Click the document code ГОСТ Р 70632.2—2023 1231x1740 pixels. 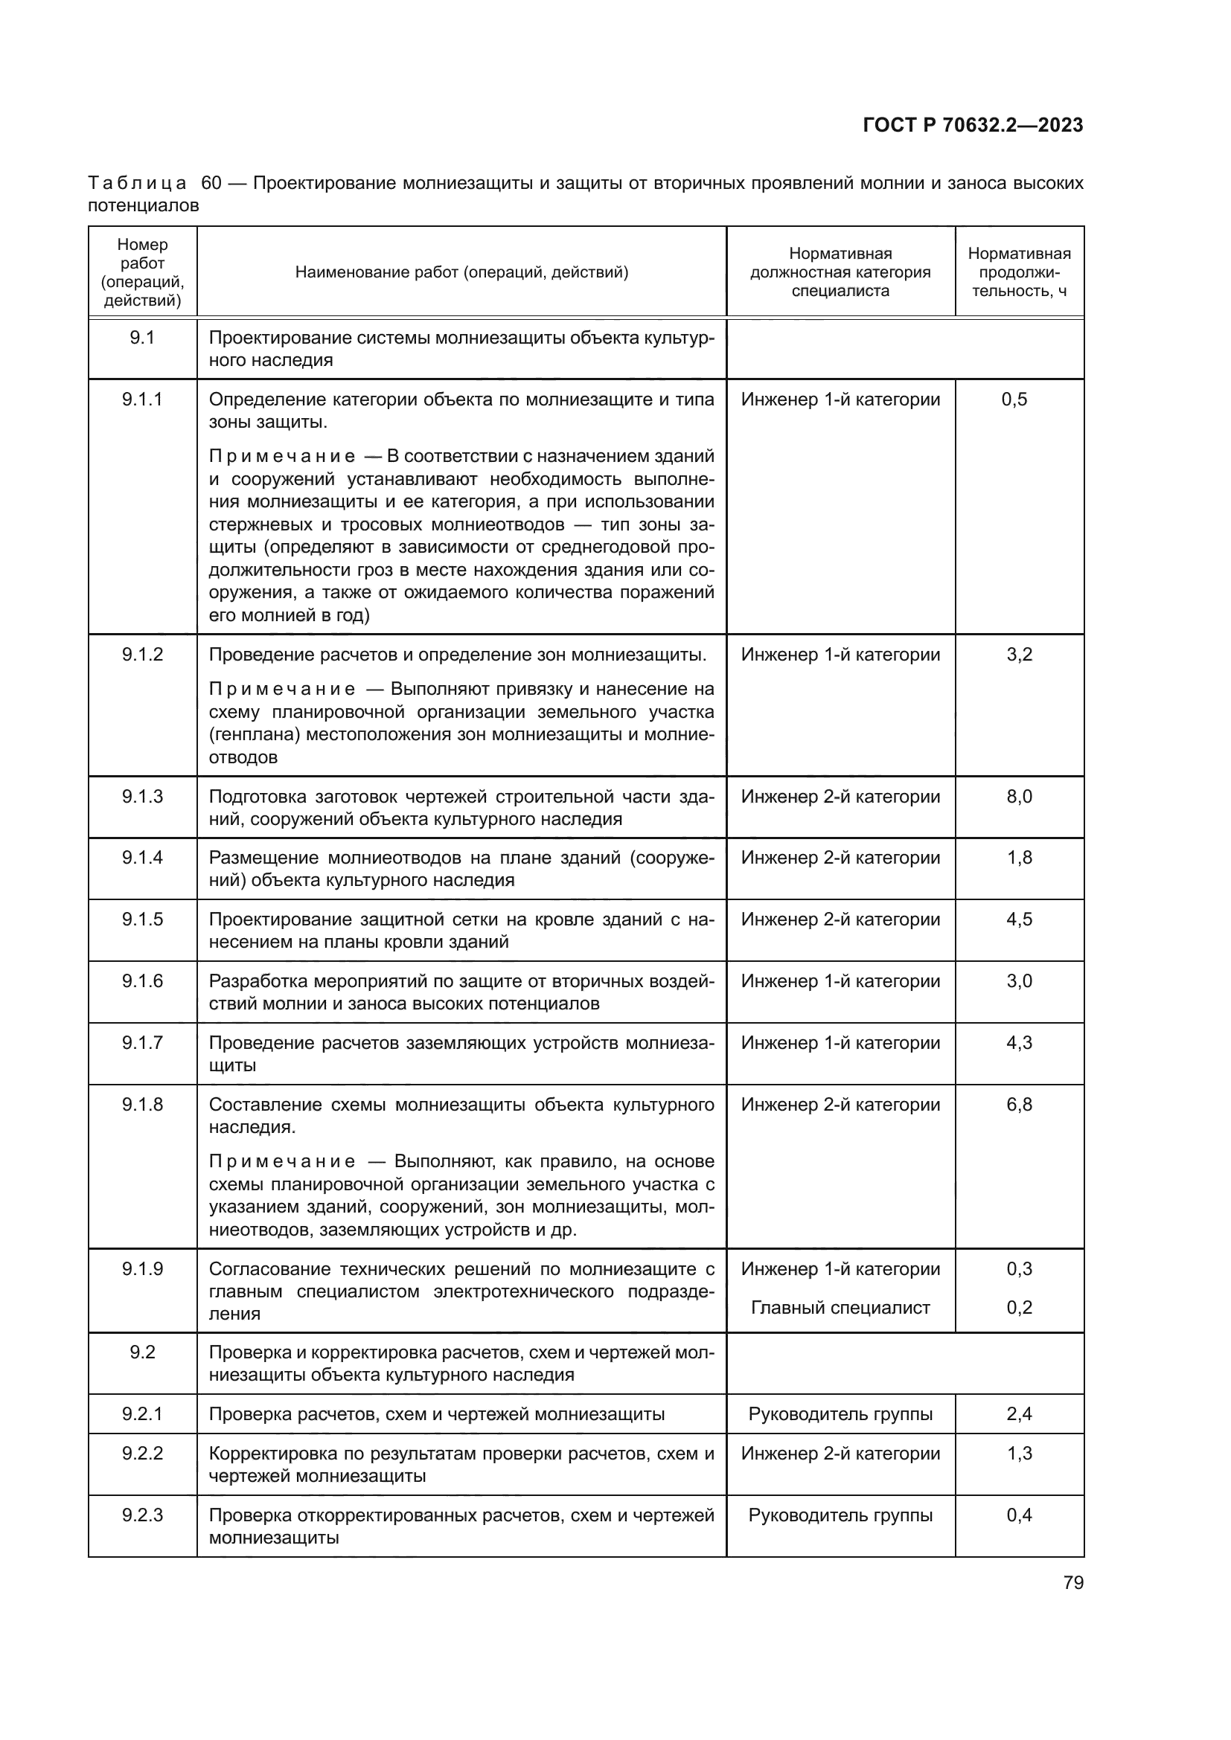pyautogui.click(x=973, y=126)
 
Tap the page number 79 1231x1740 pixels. pyautogui.click(x=1072, y=1583)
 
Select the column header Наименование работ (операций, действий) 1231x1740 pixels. pyautogui.click(x=461, y=272)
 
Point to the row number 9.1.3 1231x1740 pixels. pyautogui.click(x=141, y=797)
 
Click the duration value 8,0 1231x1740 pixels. pyautogui.click(x=1019, y=797)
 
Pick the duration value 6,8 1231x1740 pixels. pyautogui.click(x=1019, y=1104)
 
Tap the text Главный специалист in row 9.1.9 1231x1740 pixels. pyautogui.click(x=840, y=1307)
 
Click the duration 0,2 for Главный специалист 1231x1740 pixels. pyautogui.click(x=1019, y=1307)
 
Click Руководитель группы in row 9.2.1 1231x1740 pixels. pyautogui.click(x=840, y=1414)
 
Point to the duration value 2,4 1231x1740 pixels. pyautogui.click(x=1019, y=1414)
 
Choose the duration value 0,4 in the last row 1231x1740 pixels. pyautogui.click(x=1019, y=1515)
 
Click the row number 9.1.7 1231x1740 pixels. pyautogui.click(x=141, y=1043)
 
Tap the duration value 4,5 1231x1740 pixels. pyautogui.click(x=1019, y=919)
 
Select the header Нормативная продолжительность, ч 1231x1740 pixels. pyautogui.click(x=1019, y=272)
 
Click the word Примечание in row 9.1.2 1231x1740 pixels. pyautogui.click(x=281, y=689)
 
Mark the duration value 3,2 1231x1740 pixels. pyautogui.click(x=1019, y=655)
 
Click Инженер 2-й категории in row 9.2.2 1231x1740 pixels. pyautogui.click(x=840, y=1454)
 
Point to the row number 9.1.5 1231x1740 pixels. pyautogui.click(x=141, y=919)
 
